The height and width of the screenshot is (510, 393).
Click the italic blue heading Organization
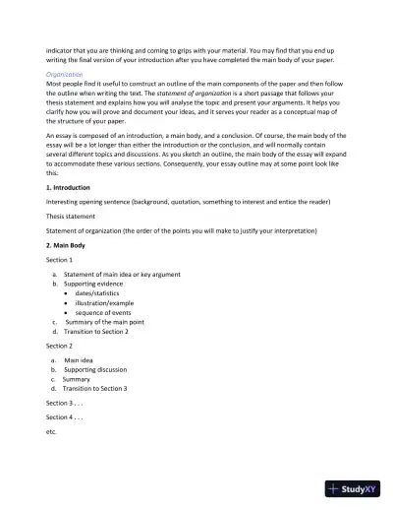point(64,73)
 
